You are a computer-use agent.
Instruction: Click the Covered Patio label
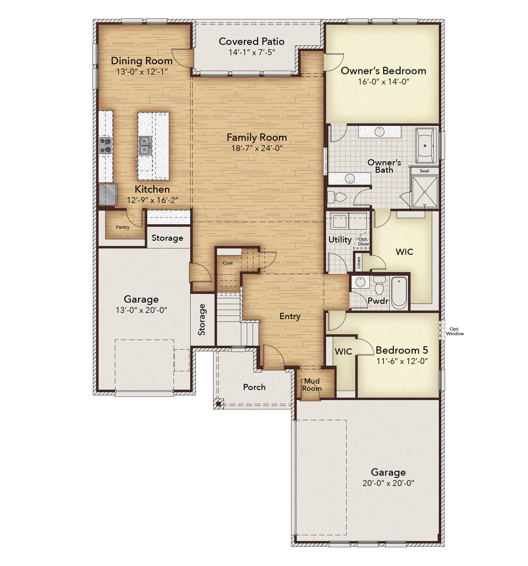coord(252,41)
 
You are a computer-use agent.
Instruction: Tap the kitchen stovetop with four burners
coord(105,145)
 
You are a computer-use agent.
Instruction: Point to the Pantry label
coord(123,227)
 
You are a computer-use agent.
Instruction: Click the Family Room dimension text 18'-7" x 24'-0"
coord(257,148)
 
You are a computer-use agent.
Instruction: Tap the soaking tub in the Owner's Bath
coord(425,146)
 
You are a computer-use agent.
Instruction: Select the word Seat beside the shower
coord(424,171)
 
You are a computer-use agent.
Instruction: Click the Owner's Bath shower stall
coord(425,192)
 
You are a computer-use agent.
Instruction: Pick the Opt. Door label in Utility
coord(363,242)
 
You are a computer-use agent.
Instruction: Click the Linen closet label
coord(358,263)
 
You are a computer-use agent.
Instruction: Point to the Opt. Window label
coord(455,331)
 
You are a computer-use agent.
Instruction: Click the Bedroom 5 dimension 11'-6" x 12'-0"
coord(402,361)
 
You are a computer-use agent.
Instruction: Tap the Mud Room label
coord(312,385)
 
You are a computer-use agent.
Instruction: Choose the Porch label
coord(254,387)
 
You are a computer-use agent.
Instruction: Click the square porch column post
coord(218,404)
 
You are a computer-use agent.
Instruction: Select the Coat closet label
coord(228,263)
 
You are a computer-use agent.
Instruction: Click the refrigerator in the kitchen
coord(108,194)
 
